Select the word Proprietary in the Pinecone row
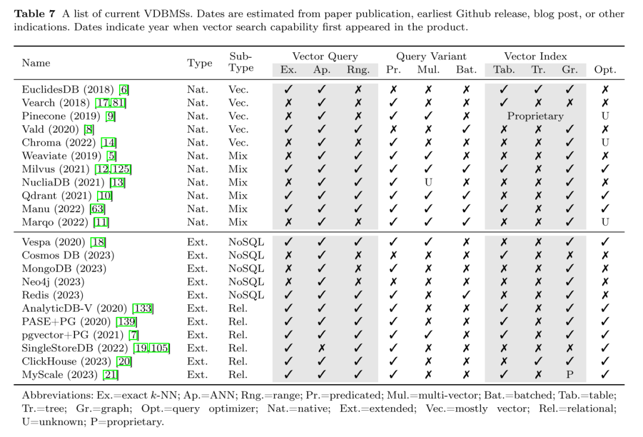click(535, 117)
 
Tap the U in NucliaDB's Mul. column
click(427, 183)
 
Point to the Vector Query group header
click(324, 56)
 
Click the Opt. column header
click(605, 70)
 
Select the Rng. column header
click(358, 70)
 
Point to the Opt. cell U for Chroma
click(605, 143)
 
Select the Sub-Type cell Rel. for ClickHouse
click(238, 361)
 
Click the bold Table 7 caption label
click(39, 14)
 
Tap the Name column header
click(36, 63)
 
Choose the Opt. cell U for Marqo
click(605, 222)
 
